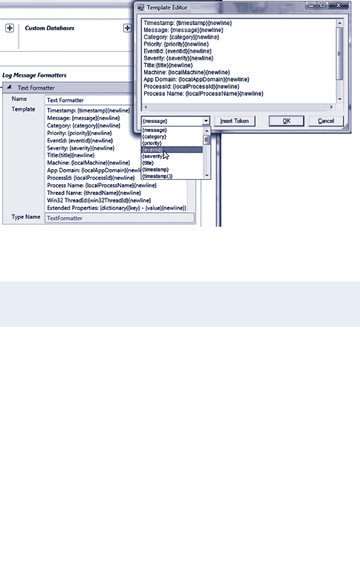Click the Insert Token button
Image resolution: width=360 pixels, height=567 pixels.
tap(235, 121)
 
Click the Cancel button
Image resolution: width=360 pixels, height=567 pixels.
tap(326, 121)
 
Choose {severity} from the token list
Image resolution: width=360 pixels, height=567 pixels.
tap(154, 156)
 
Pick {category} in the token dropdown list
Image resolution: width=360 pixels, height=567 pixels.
tap(154, 136)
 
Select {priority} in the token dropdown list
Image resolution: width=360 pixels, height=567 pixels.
tap(152, 143)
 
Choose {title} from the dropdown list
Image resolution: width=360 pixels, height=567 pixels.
tap(148, 163)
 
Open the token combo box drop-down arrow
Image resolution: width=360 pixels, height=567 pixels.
tap(206, 121)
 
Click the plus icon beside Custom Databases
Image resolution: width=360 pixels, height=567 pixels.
tap(9, 28)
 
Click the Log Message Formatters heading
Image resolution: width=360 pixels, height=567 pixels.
tap(34, 75)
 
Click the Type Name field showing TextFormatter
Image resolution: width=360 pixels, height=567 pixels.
tap(118, 218)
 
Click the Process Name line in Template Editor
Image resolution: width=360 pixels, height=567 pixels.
tap(203, 94)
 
